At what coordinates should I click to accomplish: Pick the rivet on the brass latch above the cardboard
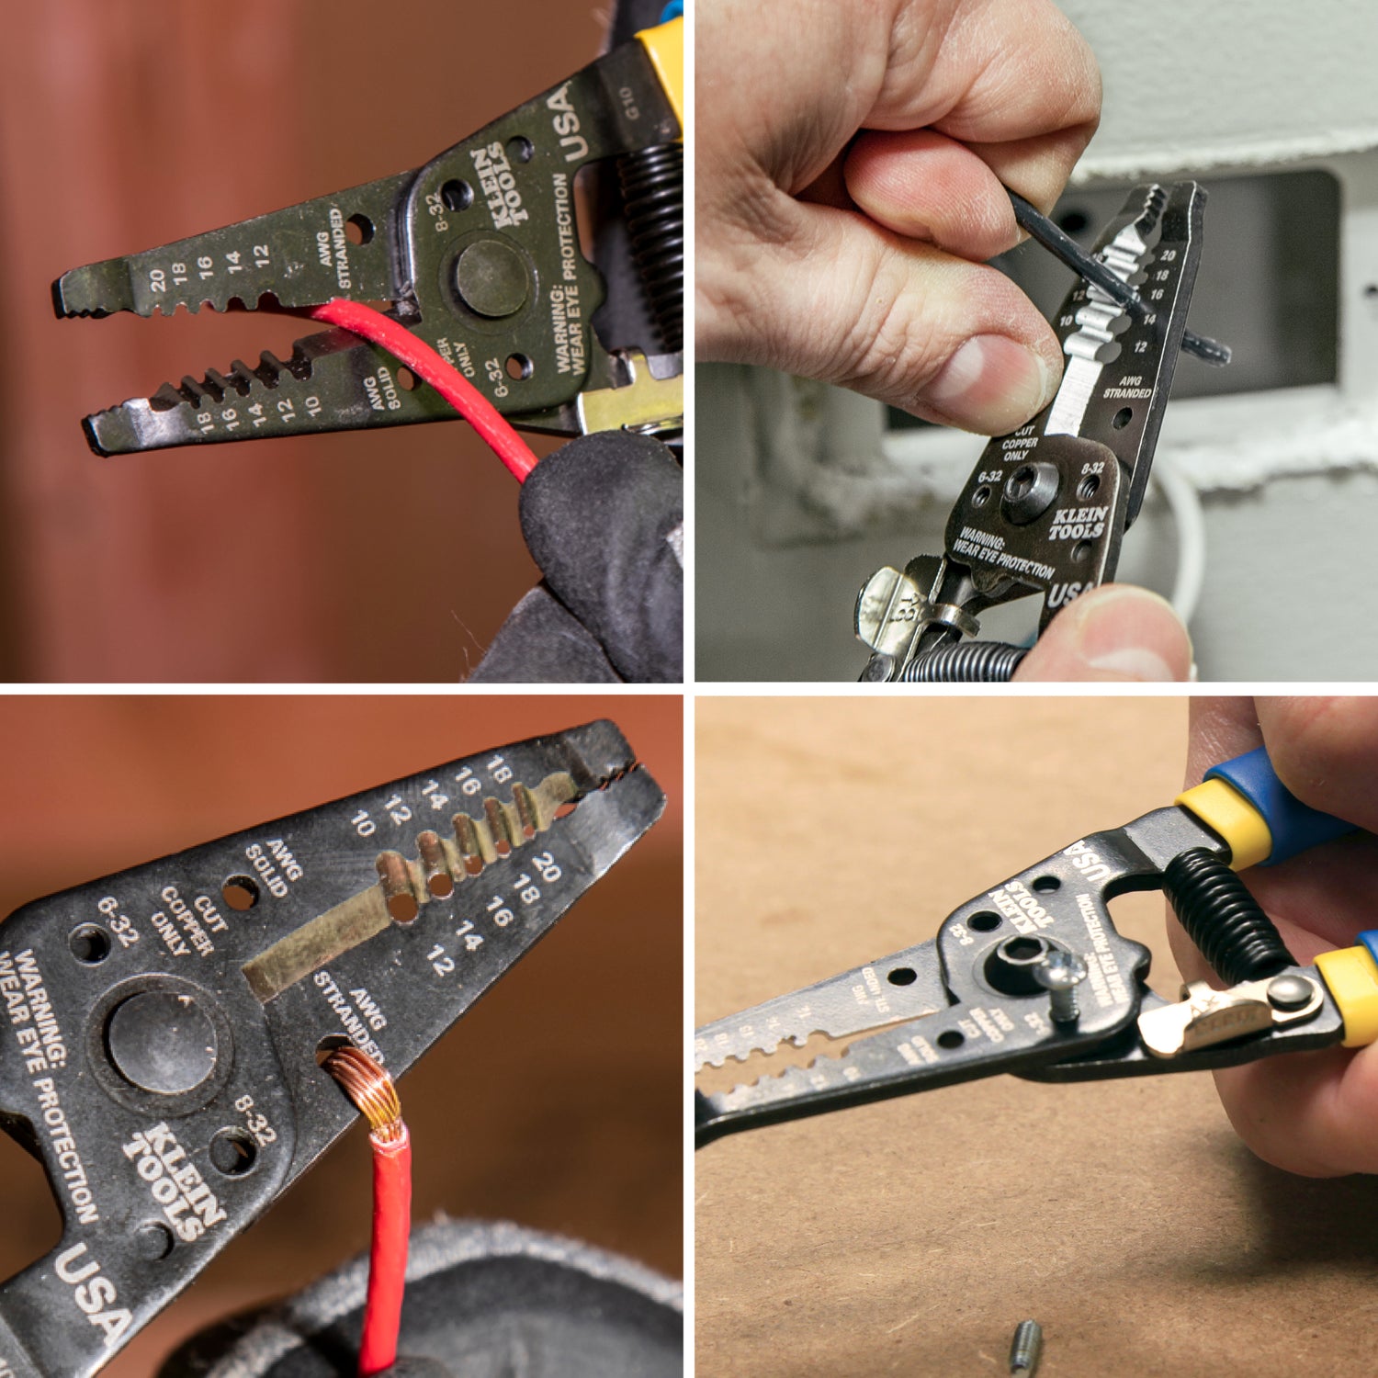(1292, 991)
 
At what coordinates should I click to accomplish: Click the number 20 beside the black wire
(1168, 255)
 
